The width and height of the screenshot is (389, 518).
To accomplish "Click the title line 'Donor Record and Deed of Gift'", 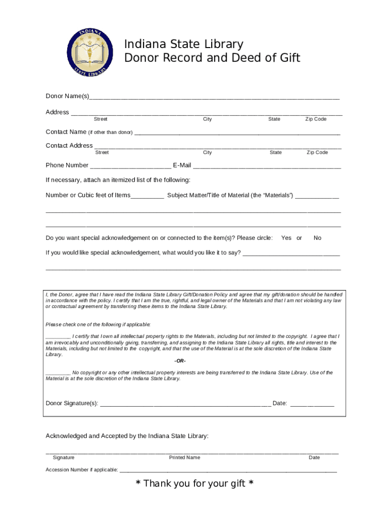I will point(212,58).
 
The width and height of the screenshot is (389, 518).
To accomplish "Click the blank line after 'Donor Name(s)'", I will point(214,97).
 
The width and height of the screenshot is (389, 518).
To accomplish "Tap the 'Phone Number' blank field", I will point(130,165).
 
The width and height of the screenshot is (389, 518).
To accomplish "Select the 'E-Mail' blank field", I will point(267,165).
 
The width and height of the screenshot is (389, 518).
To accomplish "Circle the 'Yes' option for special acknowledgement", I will point(286,238).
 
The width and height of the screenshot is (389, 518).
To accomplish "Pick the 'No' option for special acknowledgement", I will point(317,238).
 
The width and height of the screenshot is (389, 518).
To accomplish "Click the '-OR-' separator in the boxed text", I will point(180,361).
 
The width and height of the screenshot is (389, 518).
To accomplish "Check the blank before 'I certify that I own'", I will point(58,337).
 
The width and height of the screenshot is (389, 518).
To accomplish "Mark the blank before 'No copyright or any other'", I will point(58,373).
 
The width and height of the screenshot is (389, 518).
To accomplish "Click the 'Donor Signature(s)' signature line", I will point(185,404).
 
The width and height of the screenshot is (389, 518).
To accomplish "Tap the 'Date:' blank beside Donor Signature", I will point(312,404).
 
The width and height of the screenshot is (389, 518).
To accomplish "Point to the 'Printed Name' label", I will point(184,457).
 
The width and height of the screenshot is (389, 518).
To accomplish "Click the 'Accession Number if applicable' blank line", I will point(228,470).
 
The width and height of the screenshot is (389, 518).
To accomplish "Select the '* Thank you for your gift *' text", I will point(194,484).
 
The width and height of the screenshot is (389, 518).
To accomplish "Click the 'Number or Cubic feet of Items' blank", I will point(148,196).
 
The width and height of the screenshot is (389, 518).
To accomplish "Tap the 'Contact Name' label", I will point(66,132).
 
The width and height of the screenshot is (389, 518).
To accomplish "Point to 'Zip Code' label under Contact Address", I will point(317,152).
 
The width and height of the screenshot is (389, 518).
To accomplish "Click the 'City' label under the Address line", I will point(208,119).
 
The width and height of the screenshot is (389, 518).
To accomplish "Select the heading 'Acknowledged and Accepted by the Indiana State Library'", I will point(127,436).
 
